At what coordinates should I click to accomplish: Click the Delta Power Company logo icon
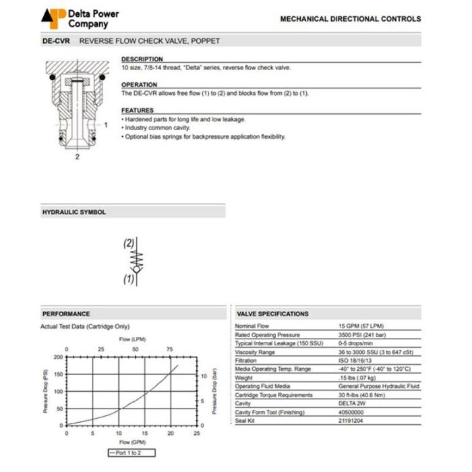[x=54, y=18]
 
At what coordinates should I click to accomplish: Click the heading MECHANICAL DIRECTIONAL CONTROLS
[x=350, y=19]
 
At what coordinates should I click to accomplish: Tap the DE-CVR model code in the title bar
[x=55, y=41]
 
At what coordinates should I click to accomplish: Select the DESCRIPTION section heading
[x=142, y=59]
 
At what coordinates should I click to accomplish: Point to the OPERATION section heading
[x=139, y=85]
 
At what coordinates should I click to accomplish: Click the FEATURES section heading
[x=138, y=111]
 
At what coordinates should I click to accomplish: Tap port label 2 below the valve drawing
[x=78, y=156]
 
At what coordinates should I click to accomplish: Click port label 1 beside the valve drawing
[x=105, y=125]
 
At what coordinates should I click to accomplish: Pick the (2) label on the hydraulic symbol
[x=129, y=243]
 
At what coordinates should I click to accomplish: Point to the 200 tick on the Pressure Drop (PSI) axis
[x=59, y=357]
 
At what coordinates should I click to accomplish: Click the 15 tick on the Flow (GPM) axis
[x=144, y=434]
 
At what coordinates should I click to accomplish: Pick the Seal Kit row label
[x=245, y=421]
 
